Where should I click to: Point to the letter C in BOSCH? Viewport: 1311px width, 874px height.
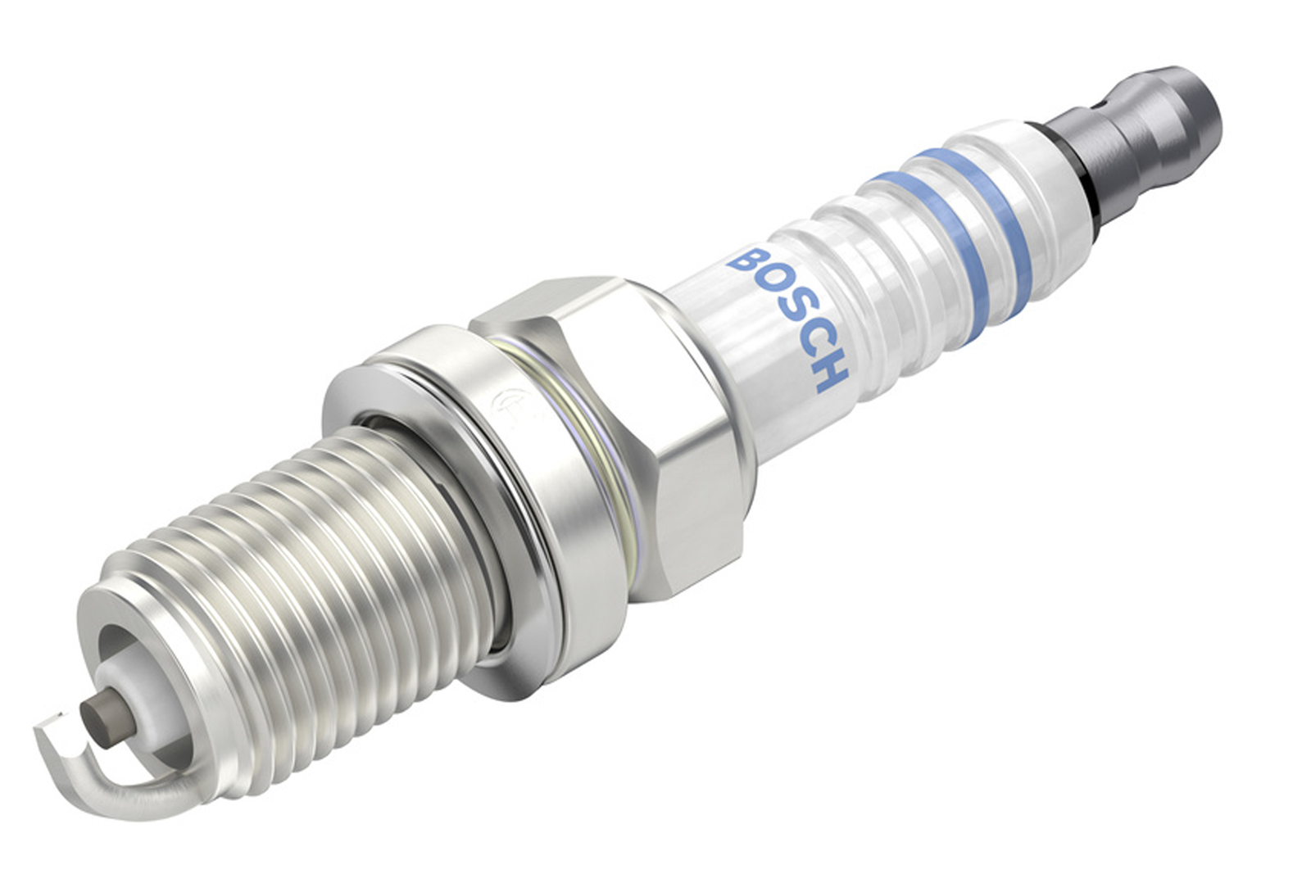click(x=811, y=342)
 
